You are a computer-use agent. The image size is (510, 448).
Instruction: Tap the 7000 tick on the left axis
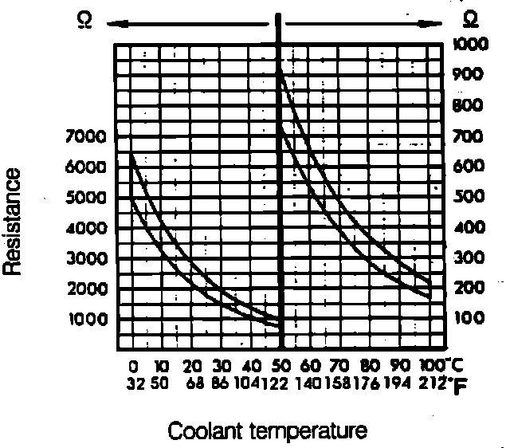[x=84, y=137]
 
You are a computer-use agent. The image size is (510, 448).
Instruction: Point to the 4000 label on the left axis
[x=84, y=228]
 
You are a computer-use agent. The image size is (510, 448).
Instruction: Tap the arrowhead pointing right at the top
[x=437, y=23]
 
